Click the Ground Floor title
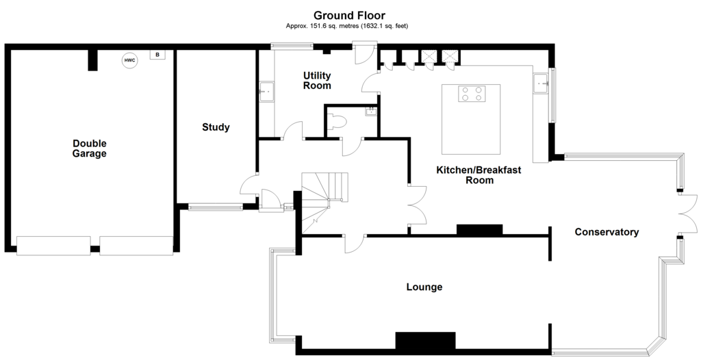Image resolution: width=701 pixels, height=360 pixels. point(349,16)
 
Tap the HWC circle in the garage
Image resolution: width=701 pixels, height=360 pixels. point(129,60)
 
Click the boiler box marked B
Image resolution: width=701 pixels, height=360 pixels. point(157,55)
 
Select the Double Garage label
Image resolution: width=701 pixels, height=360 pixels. point(90,149)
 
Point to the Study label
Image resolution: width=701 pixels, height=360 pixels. point(216,127)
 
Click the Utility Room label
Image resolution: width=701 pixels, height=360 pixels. point(317,80)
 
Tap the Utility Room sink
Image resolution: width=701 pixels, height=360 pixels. point(267,92)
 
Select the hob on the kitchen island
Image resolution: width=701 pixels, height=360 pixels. point(472,93)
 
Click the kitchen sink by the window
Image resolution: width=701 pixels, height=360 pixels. point(541,83)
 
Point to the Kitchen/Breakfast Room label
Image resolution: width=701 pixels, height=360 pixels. point(479,175)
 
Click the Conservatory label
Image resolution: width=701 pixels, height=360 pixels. point(607,231)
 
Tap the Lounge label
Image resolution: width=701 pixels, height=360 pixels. point(424,287)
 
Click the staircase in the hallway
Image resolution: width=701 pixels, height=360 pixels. point(324,201)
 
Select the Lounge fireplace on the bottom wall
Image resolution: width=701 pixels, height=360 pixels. point(425,340)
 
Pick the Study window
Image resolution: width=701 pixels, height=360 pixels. point(216,207)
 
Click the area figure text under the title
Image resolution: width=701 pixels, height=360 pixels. point(347,26)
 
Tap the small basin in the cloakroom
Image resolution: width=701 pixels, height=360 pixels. point(370,112)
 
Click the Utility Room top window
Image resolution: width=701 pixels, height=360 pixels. point(292,45)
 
